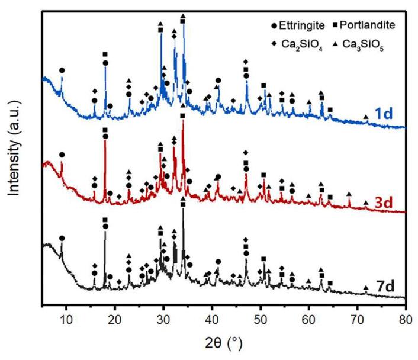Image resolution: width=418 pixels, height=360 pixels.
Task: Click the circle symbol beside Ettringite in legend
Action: tap(271, 26)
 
